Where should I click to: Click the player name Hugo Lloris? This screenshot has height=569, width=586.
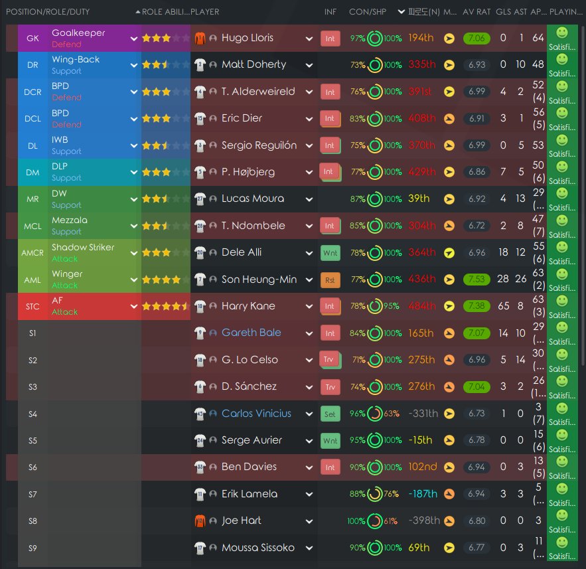coord(247,38)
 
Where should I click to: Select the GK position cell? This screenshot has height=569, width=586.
coord(33,38)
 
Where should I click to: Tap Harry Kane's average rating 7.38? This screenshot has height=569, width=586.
coord(476,306)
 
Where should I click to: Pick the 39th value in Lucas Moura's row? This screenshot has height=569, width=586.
coord(419,199)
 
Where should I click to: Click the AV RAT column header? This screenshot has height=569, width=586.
coord(476,12)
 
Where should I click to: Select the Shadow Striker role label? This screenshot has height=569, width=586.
coord(83,247)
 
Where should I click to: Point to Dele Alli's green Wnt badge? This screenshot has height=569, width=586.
coord(330,252)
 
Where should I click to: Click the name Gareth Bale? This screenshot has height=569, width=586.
coord(251,333)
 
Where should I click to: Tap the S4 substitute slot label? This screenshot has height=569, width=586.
coord(33,414)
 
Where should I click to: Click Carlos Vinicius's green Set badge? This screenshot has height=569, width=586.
coord(330,414)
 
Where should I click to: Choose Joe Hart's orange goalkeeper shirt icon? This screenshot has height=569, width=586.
coord(199,521)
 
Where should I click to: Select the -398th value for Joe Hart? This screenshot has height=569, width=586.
coord(423,521)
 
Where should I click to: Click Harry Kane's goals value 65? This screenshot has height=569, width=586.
coord(502,306)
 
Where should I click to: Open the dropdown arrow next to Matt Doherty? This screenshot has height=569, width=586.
coord(309,64)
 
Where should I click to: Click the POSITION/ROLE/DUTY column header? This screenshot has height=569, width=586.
coord(48,12)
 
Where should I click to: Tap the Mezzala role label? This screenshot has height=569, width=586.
coord(70,220)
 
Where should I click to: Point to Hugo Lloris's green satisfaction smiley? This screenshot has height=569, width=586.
coord(561,32)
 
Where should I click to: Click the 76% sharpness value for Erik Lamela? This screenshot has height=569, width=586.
coord(391,494)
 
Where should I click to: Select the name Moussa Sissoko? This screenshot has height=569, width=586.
coord(258,548)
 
